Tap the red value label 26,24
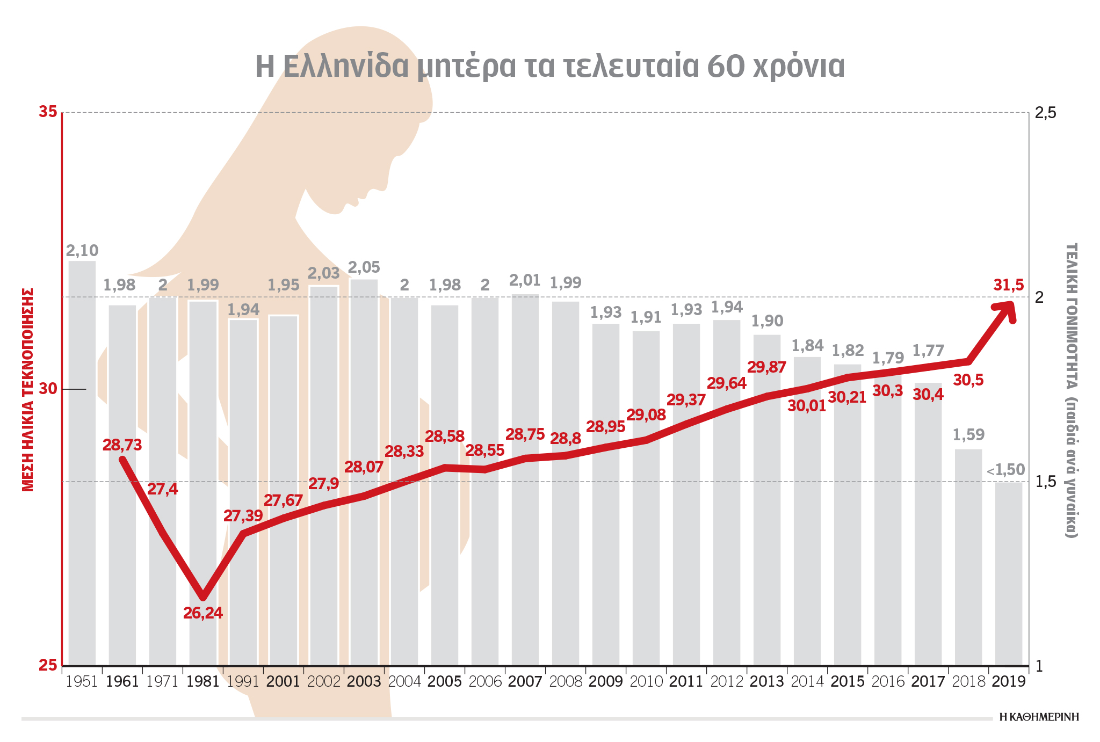click(x=203, y=613)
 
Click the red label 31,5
click(x=1008, y=286)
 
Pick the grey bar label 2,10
click(x=82, y=251)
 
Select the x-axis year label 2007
click(x=525, y=682)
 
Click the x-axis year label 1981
click(x=203, y=682)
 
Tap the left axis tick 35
click(x=48, y=112)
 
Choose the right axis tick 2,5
click(x=1045, y=113)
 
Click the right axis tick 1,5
click(x=1045, y=482)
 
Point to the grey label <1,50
click(x=1006, y=470)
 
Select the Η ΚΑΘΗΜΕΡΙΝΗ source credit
click(x=1039, y=717)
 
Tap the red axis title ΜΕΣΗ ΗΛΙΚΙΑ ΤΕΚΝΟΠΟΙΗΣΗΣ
click(x=28, y=390)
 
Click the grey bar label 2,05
click(x=364, y=267)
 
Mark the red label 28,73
click(x=122, y=445)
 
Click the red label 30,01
click(x=807, y=406)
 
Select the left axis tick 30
click(x=48, y=389)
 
